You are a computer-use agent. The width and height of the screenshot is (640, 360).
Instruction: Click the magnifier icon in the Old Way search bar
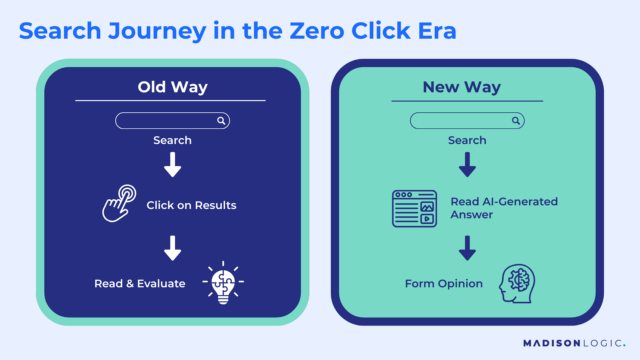tap(222, 121)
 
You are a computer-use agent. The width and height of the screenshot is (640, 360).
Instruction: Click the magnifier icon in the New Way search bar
tap(516, 121)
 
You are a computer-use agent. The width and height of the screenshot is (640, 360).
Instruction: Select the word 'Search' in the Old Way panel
tap(172, 140)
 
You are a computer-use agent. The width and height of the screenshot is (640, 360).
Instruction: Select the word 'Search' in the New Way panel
tap(468, 140)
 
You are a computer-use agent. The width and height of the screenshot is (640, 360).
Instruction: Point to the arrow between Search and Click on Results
tap(172, 166)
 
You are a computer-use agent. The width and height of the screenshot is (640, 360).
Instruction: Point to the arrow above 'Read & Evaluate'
tap(172, 246)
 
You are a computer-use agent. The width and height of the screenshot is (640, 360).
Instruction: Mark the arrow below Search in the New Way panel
tap(468, 165)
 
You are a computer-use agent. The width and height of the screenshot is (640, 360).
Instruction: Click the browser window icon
tap(414, 209)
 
